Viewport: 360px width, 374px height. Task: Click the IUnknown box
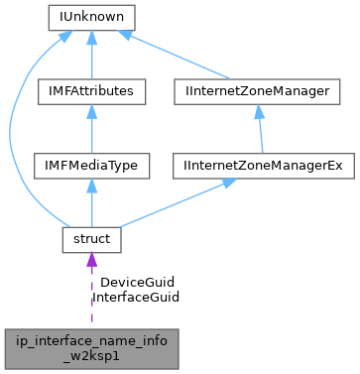[x=91, y=18]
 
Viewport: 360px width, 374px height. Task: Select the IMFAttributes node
[x=91, y=91]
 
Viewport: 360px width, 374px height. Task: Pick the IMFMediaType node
[x=91, y=165]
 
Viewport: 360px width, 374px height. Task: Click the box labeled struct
[x=91, y=238]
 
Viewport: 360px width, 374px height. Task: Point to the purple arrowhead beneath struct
[x=91, y=260]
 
